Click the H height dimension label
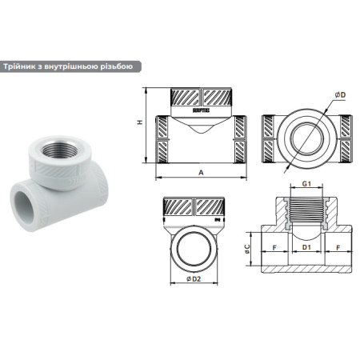click(x=139, y=122)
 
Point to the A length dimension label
click(x=200, y=171)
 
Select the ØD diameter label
click(x=342, y=96)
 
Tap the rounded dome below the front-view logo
click(x=201, y=126)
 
